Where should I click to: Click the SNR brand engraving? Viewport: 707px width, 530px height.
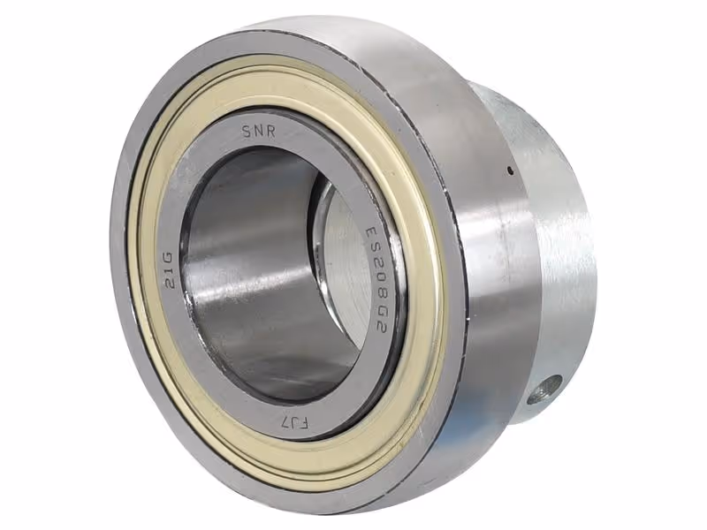click(x=259, y=131)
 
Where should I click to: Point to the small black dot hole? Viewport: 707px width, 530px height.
click(x=510, y=170)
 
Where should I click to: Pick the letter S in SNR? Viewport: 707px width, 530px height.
click(x=247, y=132)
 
